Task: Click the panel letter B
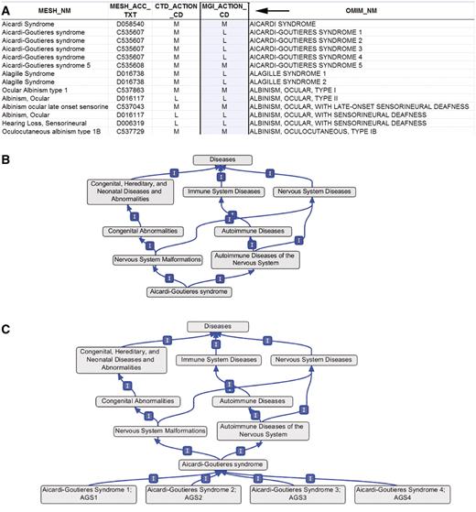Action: (x=7, y=148)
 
